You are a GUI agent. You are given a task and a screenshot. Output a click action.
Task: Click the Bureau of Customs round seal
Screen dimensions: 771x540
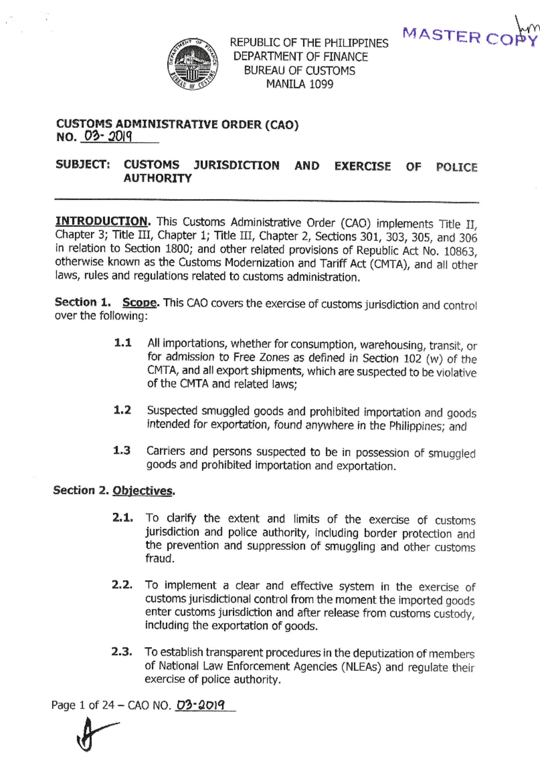pyautogui.click(x=193, y=64)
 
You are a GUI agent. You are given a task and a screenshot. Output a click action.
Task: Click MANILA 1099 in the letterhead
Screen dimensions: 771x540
pyautogui.click(x=299, y=84)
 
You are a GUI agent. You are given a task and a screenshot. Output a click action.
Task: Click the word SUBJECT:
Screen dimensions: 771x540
pyautogui.click(x=83, y=165)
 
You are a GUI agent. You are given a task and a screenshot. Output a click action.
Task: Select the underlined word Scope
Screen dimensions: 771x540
pyautogui.click(x=140, y=302)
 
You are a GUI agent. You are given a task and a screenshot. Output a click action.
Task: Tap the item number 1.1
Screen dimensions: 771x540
pyautogui.click(x=122, y=343)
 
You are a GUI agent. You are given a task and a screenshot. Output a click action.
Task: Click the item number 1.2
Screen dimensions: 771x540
pyautogui.click(x=122, y=410)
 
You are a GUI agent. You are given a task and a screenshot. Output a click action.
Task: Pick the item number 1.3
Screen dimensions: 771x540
pyautogui.click(x=121, y=450)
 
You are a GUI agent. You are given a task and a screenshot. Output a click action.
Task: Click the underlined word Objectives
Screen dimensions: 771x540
pyautogui.click(x=143, y=490)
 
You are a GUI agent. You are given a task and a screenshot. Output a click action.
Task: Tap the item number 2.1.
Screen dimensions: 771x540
pyautogui.click(x=122, y=518)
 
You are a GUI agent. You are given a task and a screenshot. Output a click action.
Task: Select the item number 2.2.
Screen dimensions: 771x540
pyautogui.click(x=122, y=585)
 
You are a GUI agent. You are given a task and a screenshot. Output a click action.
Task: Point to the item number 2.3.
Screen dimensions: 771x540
pyautogui.click(x=121, y=652)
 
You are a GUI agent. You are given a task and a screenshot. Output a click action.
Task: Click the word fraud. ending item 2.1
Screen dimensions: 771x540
pyautogui.click(x=159, y=559)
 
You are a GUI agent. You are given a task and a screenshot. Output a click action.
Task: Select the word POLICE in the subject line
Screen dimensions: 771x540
pyautogui.click(x=456, y=167)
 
